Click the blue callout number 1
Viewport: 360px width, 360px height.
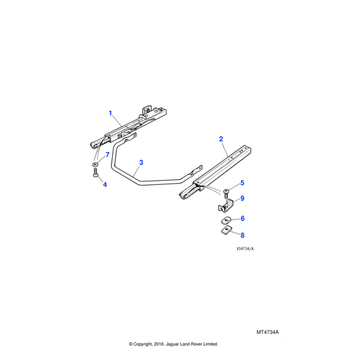[x=110, y=113]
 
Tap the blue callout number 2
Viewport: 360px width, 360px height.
[x=221, y=139]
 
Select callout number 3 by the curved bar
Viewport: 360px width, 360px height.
[x=141, y=163]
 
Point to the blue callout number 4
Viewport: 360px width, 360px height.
[x=104, y=184]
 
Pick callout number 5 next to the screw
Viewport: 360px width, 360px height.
[x=242, y=182]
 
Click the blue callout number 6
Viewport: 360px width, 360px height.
[x=242, y=219]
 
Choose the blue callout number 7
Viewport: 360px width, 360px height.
[x=107, y=155]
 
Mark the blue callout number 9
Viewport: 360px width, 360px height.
[x=242, y=199]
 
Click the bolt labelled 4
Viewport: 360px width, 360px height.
[x=95, y=173]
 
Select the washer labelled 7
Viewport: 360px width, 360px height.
[x=95, y=163]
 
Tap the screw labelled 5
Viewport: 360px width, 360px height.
[x=225, y=193]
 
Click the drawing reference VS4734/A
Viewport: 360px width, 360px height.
[x=245, y=249]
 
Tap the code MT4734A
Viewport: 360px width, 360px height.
[x=269, y=331]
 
